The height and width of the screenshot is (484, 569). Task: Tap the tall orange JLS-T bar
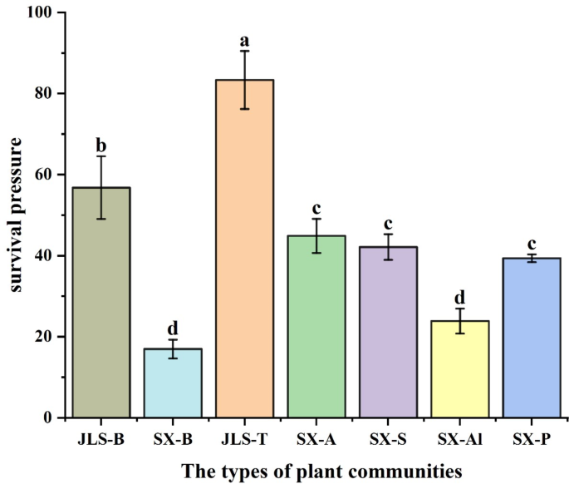click(x=245, y=249)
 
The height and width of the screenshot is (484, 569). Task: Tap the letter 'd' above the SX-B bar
click(x=173, y=328)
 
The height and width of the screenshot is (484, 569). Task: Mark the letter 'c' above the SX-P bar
click(x=532, y=243)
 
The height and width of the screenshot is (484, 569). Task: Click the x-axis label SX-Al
click(x=460, y=437)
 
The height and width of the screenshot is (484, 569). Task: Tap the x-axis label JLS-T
click(x=245, y=437)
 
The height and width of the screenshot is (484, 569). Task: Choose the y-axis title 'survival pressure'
click(x=16, y=215)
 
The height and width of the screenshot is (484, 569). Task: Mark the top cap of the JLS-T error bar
click(x=245, y=51)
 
